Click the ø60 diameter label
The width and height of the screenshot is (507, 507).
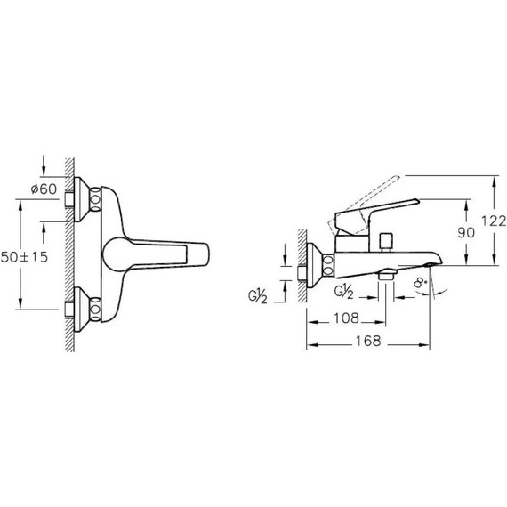coord(44,189)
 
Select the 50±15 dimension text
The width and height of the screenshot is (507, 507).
coord(24,257)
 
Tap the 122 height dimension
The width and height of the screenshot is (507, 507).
coord(494,221)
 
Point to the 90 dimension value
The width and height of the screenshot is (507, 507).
coord(466,232)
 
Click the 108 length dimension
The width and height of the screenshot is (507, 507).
coord(346,318)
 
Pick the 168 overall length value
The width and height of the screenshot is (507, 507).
coord(368,341)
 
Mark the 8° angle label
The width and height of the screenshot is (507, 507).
coord(421,284)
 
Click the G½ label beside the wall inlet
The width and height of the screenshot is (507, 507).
coord(258,297)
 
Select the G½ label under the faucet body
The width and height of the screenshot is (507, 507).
coord(343,292)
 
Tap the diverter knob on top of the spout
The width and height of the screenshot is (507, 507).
coord(386,242)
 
